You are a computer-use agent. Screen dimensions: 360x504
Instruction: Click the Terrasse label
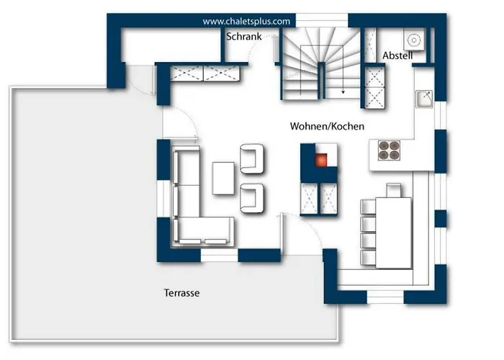(181, 293)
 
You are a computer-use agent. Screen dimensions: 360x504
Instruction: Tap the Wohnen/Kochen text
(327, 126)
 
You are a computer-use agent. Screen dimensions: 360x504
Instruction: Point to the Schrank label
(244, 35)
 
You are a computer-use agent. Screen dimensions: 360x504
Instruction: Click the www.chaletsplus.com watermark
(246, 22)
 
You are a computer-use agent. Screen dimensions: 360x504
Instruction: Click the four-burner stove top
(390, 150)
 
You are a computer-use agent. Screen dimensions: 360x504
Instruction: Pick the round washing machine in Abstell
(414, 40)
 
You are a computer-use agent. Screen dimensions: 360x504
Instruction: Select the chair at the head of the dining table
(393, 189)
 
